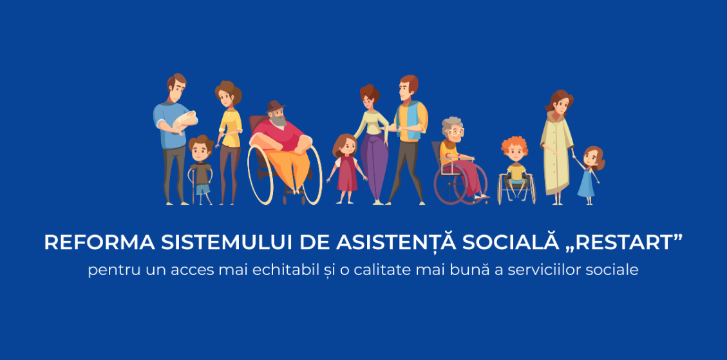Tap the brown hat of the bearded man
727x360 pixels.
click(x=276, y=106)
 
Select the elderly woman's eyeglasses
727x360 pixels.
click(x=455, y=131)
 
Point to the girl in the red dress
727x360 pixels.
click(x=347, y=169)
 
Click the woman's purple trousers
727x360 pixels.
click(x=373, y=166)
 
